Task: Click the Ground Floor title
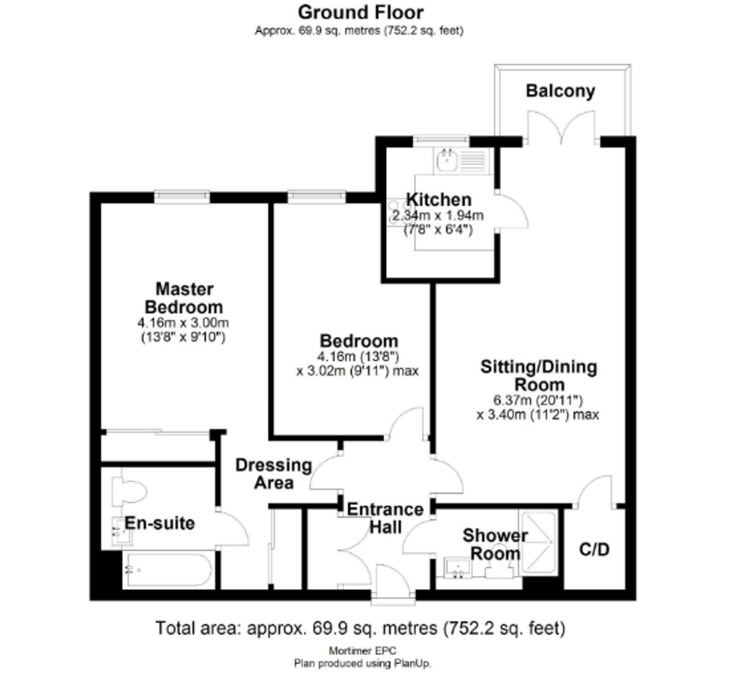click(x=360, y=12)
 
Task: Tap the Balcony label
click(x=560, y=91)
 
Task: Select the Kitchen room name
click(x=439, y=200)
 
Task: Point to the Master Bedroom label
click(x=184, y=298)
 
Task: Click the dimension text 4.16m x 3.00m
click(x=183, y=323)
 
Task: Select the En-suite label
click(x=160, y=523)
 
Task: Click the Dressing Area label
click(x=274, y=474)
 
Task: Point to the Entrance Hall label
click(x=385, y=518)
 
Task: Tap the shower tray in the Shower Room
click(x=538, y=542)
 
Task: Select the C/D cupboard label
click(x=594, y=549)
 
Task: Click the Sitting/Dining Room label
click(x=539, y=376)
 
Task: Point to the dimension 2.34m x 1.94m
click(x=438, y=215)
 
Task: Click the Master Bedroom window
click(x=182, y=197)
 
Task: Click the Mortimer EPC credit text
click(x=362, y=651)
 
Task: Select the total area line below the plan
click(x=360, y=628)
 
